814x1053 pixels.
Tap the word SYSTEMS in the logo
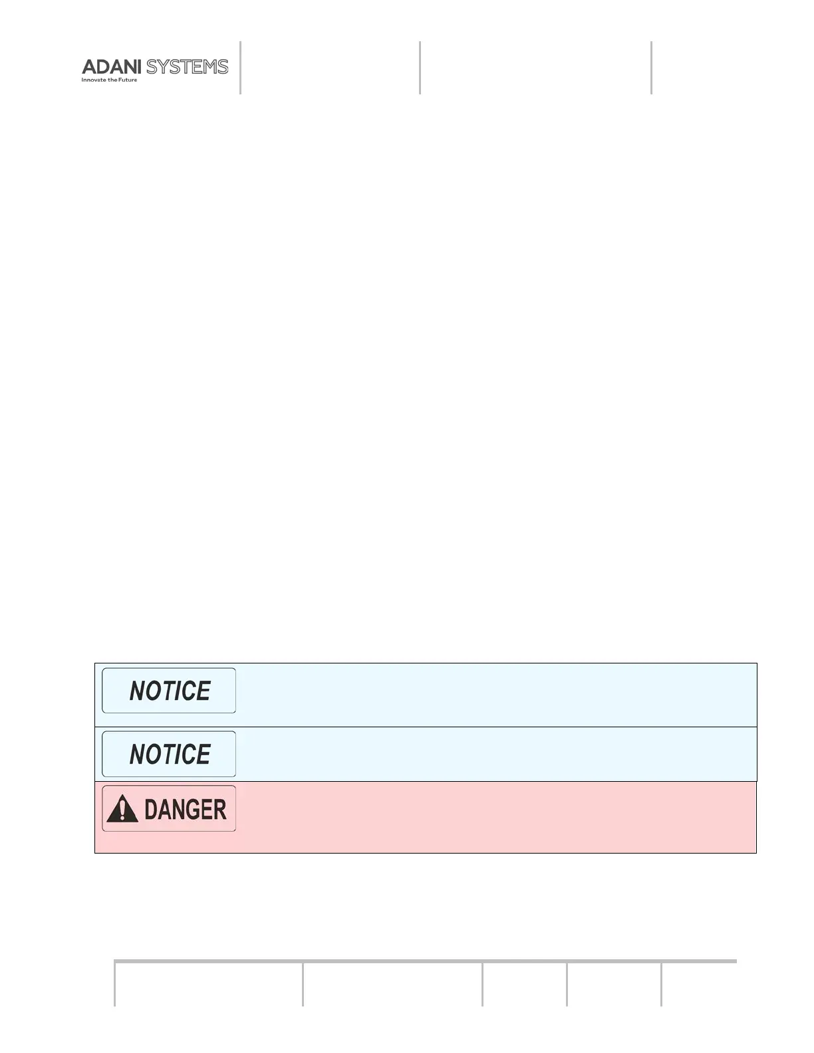[x=187, y=67]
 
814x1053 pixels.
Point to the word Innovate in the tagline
[x=94, y=80]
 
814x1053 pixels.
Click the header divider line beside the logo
[x=240, y=67]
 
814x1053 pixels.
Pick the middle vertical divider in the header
[x=420, y=67]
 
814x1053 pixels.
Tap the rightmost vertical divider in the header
[x=651, y=67]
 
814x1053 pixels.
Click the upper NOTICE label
[x=169, y=691]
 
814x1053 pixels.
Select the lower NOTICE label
[x=169, y=754]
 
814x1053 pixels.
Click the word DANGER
[x=185, y=809]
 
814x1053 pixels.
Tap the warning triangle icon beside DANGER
[x=122, y=809]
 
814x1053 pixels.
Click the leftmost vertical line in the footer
[x=114, y=983]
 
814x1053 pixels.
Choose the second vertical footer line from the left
[x=303, y=983]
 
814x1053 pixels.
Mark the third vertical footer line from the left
[x=482, y=983]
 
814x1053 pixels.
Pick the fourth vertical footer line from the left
[x=567, y=983]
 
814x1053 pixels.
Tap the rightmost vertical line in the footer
[x=661, y=983]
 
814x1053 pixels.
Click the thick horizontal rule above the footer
[x=426, y=961]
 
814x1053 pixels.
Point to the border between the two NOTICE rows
[x=426, y=727]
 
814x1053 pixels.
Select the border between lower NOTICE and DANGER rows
[x=426, y=781]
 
